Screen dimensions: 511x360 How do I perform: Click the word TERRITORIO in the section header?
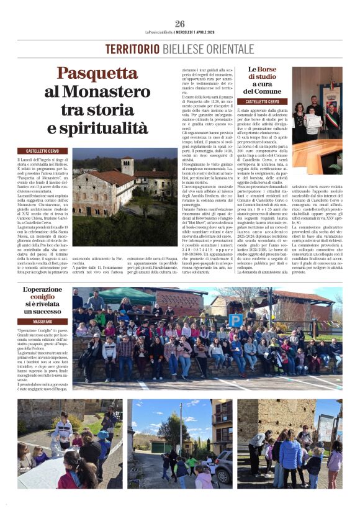coord(132,49)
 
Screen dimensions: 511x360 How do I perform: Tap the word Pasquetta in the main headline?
coord(97,74)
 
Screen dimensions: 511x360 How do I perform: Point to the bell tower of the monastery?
coord(127,166)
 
